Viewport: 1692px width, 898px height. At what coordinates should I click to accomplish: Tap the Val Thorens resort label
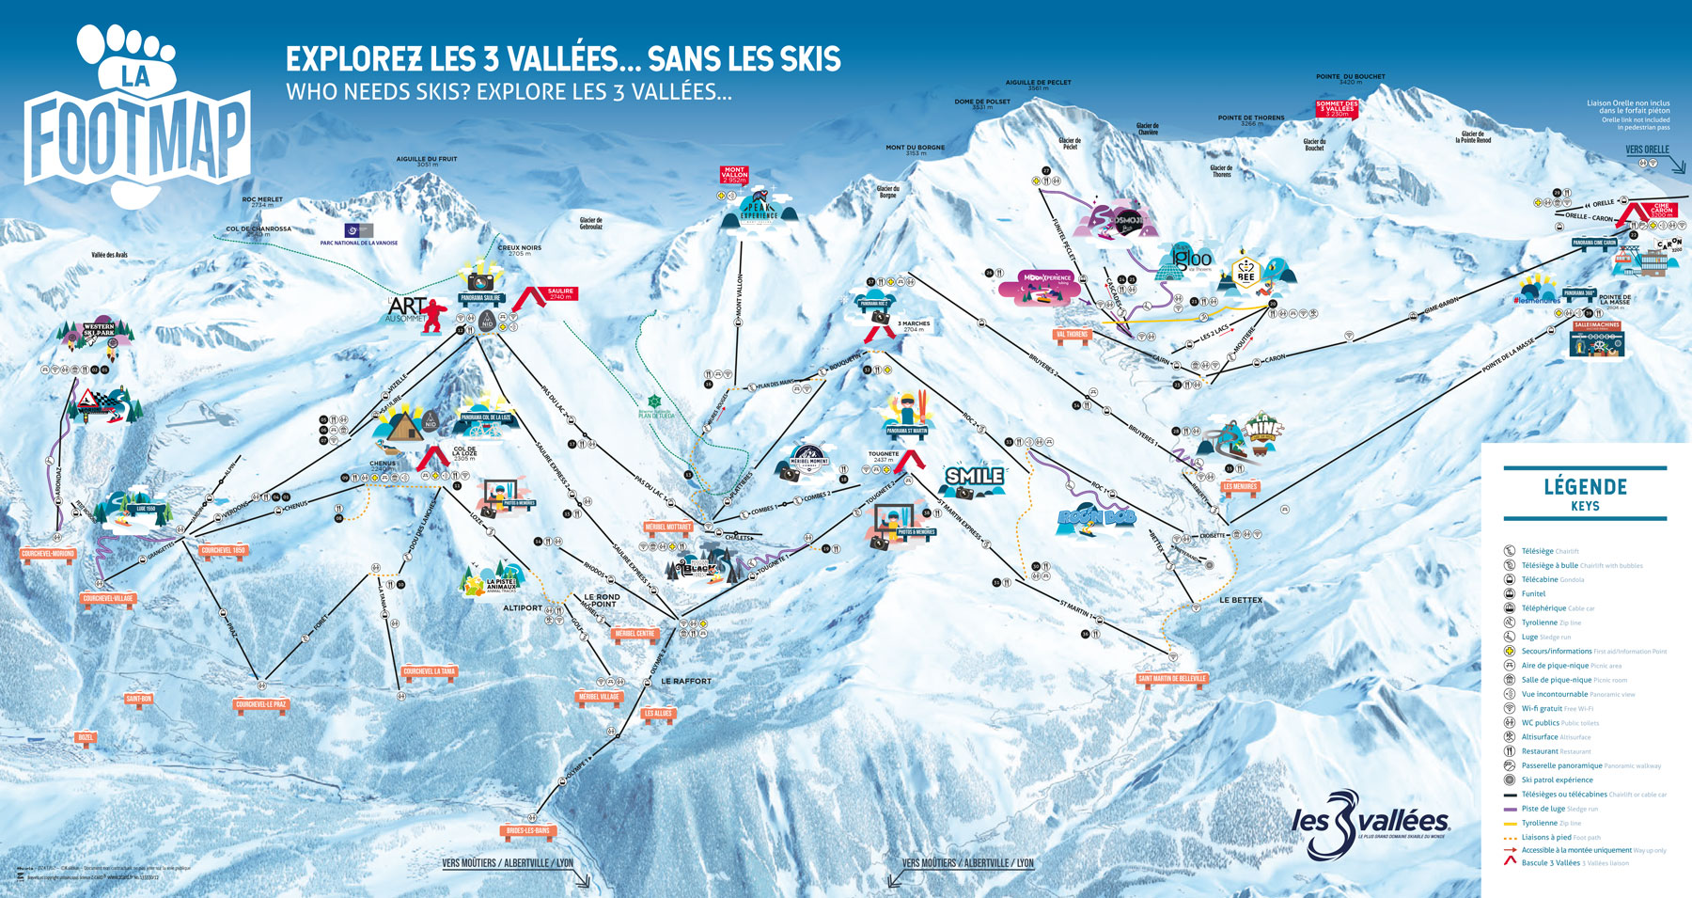(1072, 335)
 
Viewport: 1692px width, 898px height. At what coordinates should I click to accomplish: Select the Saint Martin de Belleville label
(1171, 678)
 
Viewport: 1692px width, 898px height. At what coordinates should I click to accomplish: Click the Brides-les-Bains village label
(528, 830)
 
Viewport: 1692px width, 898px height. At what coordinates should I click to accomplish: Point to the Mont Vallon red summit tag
(734, 175)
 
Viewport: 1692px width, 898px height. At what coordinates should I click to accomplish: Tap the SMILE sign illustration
(974, 477)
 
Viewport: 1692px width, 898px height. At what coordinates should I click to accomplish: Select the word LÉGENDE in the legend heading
(1585, 486)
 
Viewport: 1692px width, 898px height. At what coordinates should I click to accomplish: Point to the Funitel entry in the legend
(1533, 593)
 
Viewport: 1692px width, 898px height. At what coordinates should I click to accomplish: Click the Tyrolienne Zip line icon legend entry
(1540, 622)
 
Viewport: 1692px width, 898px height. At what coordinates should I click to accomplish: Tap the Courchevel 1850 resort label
(224, 550)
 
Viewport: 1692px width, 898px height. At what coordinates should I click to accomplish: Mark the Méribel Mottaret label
(668, 527)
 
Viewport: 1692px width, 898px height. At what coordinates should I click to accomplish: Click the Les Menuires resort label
(1240, 487)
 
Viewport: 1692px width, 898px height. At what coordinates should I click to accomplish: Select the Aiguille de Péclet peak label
(1038, 83)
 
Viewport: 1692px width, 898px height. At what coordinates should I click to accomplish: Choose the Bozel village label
(86, 737)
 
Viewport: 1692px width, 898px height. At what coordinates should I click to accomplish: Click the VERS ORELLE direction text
(1647, 150)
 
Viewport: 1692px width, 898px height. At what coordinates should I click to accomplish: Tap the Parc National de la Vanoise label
(358, 243)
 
